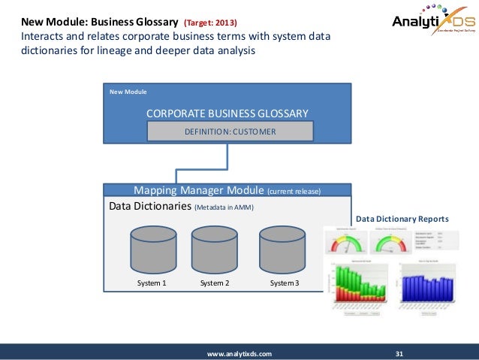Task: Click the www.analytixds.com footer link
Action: click(239, 352)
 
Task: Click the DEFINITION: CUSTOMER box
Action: click(230, 132)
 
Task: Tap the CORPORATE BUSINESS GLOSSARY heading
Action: click(227, 113)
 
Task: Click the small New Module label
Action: click(128, 92)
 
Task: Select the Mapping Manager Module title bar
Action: click(227, 190)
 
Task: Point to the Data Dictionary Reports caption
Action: click(402, 219)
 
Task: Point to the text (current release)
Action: click(294, 192)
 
